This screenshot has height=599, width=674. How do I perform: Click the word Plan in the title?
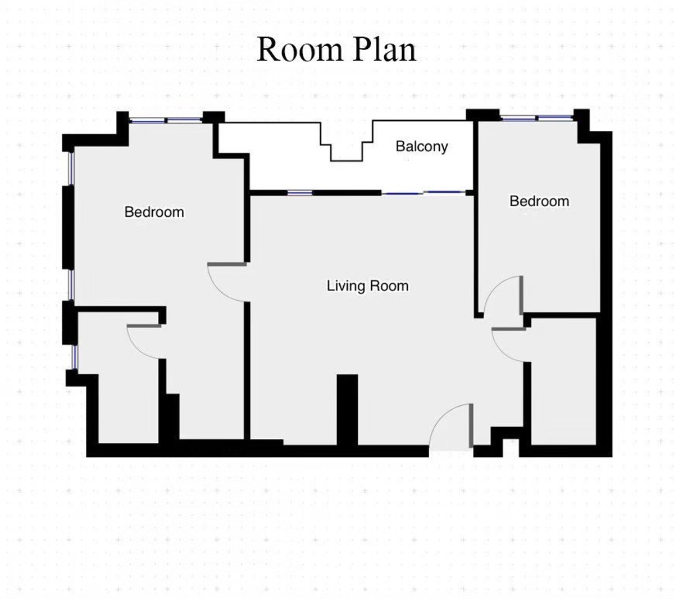(385, 49)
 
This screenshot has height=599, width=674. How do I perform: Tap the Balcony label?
(421, 147)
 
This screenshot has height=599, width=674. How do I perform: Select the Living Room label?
(367, 286)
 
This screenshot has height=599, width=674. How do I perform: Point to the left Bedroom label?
(154, 212)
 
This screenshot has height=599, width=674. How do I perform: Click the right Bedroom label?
(539, 201)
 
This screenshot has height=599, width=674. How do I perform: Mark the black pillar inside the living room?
(347, 409)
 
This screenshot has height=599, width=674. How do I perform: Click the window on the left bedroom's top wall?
(165, 120)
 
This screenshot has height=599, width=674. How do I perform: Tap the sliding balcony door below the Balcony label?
(424, 193)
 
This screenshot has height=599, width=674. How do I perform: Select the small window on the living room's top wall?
(300, 193)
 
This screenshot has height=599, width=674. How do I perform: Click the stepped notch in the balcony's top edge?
(346, 149)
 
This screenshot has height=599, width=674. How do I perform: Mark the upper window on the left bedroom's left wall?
(71, 169)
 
